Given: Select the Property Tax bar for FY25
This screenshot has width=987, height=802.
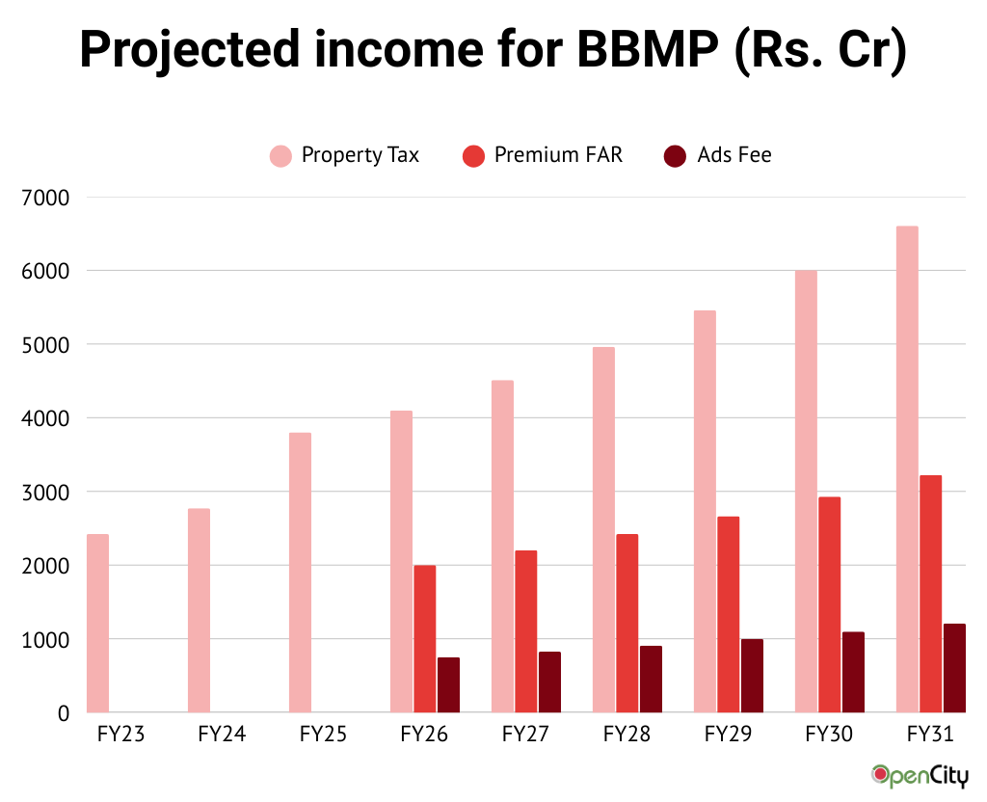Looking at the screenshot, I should click(300, 573).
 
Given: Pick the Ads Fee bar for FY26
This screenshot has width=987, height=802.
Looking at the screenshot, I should click(448, 684).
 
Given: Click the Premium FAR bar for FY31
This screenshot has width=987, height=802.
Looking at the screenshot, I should click(930, 594).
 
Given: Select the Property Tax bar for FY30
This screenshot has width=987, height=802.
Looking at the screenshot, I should click(806, 492).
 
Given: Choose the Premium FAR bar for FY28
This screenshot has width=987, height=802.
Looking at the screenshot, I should click(627, 623).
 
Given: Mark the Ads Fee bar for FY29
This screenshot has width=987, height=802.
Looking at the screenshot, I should click(752, 676).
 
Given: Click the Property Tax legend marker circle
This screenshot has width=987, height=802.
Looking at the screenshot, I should click(280, 155).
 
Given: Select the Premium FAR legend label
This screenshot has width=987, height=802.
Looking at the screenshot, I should click(558, 155).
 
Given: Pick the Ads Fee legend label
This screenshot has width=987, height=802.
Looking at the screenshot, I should click(734, 155).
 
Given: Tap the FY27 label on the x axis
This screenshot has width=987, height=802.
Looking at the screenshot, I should click(525, 735).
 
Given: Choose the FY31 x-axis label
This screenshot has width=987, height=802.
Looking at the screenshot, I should click(930, 735).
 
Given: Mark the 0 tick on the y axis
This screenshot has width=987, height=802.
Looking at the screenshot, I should click(64, 713).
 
